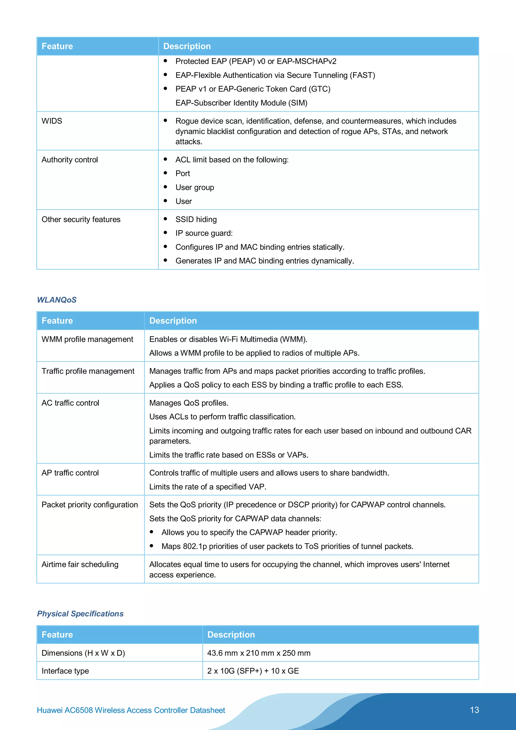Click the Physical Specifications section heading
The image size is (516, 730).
coord(80,614)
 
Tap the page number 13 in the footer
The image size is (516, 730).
coord(474,710)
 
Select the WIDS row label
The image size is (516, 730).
coord(52,121)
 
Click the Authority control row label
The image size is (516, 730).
coord(70,160)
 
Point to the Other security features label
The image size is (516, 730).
coord(81,219)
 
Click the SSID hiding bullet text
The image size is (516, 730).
coord(196,219)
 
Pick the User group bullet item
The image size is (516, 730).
coord(195,187)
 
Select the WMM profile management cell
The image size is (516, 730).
coord(87,339)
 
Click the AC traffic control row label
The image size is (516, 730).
coord(70,403)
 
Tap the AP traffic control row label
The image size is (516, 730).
coord(70,473)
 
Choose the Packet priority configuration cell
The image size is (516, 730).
coord(90,505)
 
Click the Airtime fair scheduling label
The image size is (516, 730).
coord(80,564)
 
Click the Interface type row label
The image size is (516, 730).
coord(65,671)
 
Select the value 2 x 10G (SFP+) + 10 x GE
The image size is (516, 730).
coord(253,671)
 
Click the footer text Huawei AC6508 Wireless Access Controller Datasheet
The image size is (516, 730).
coord(131,710)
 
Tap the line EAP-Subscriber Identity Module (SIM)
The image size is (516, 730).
coord(241,103)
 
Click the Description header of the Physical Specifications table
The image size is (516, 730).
coord(231,635)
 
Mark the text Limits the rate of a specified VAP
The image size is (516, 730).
coord(208,487)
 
